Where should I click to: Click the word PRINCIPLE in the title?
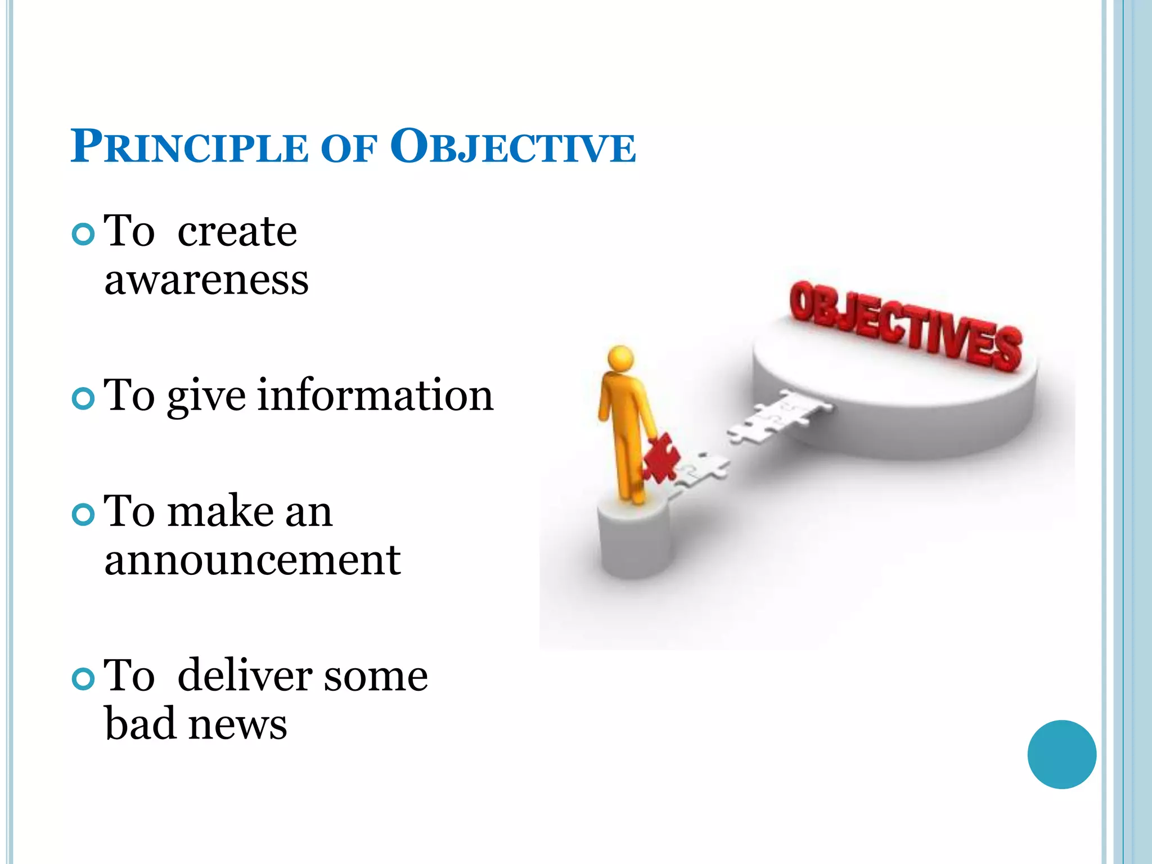tap(189, 147)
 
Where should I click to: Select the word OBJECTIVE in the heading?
tap(512, 147)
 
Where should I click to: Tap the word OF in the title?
tap(348, 149)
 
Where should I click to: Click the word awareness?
tap(206, 280)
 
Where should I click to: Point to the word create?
tap(237, 232)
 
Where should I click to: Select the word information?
tap(375, 395)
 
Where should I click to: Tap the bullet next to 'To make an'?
tap(83, 515)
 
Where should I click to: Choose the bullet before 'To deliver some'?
tap(83, 679)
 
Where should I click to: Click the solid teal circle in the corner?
tap(1061, 754)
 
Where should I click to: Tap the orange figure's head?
tap(620, 358)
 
